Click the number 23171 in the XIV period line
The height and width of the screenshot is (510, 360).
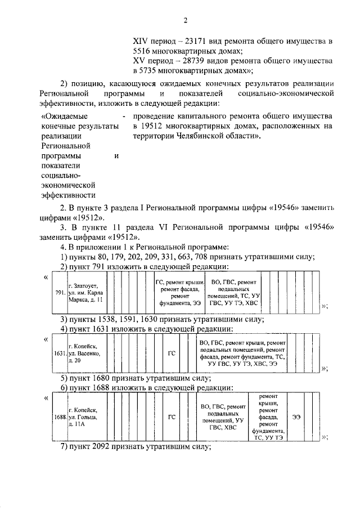pyautogui.click(x=195, y=41)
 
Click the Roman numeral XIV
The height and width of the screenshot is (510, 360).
pyautogui.click(x=141, y=41)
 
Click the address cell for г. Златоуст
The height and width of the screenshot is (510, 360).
pyautogui.click(x=85, y=293)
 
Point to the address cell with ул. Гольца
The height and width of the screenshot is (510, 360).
pyautogui.click(x=84, y=417)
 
